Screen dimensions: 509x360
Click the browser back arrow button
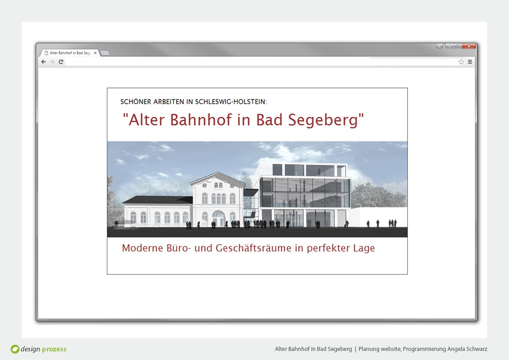point(44,62)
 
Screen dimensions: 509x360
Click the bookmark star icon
point(461,62)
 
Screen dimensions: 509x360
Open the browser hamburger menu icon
point(470,62)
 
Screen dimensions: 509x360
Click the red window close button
point(469,46)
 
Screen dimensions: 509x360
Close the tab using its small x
point(95,53)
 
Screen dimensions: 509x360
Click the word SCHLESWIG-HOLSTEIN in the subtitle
point(231,102)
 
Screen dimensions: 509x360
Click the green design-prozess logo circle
point(15,349)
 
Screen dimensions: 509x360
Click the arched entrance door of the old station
point(218,219)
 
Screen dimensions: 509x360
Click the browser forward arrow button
point(52,62)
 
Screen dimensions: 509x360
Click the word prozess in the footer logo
point(54,349)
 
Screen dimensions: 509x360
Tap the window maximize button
point(458,46)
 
